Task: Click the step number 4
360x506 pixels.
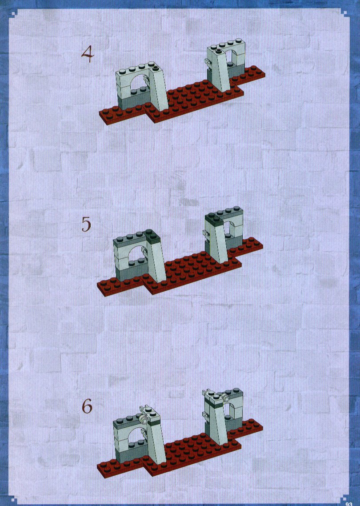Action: tap(88, 54)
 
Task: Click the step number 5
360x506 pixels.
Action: tap(86, 224)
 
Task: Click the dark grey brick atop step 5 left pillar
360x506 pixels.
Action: tap(151, 236)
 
